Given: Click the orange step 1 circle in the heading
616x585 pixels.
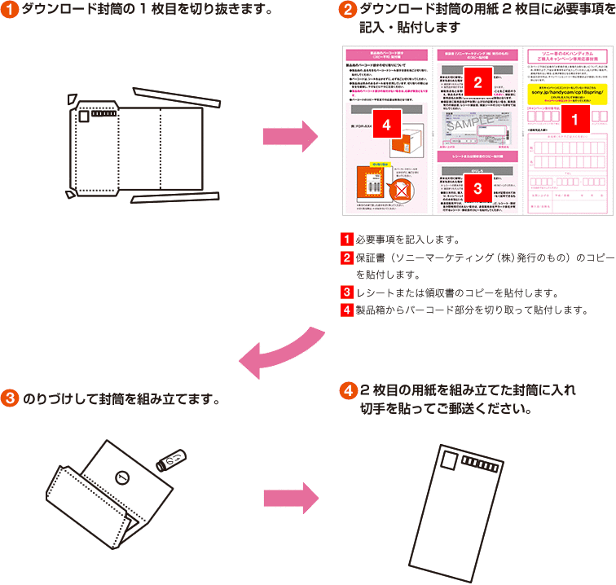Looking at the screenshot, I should (x=10, y=11).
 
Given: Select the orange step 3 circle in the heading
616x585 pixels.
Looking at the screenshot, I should (x=10, y=399).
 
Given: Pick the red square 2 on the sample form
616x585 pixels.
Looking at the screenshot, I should (x=477, y=81).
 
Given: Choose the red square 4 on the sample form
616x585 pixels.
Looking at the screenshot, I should (x=387, y=125).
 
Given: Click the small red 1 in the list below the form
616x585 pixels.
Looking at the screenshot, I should (x=346, y=240).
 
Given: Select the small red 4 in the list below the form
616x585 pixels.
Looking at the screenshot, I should (x=346, y=310).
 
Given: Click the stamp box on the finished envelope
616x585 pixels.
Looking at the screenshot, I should (x=450, y=462).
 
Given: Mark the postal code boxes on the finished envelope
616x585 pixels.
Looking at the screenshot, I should (x=480, y=465).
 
